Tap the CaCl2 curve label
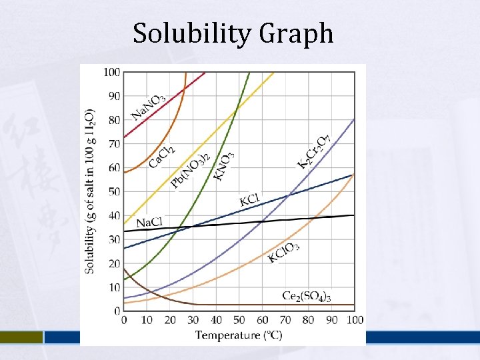point(162,157)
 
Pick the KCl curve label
point(249,199)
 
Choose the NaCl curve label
point(149,222)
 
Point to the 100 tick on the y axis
point(111,72)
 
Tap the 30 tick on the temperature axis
point(193,321)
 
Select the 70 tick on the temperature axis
point(285,321)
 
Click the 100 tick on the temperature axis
point(355,321)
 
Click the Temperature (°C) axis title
point(239,335)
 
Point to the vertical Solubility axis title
point(90,191)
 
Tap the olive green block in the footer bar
point(21,337)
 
